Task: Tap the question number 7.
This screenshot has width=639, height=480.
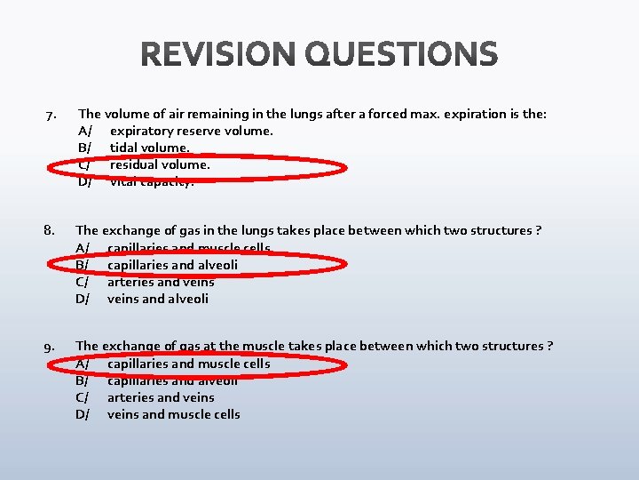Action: [51, 115]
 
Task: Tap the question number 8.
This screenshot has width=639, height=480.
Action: [50, 231]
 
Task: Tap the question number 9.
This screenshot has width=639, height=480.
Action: [51, 347]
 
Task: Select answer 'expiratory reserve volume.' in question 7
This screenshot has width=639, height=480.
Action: [191, 131]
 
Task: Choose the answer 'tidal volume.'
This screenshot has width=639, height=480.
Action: [149, 148]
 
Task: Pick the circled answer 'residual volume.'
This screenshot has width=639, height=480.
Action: [160, 164]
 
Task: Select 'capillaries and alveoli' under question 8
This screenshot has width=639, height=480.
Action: [172, 265]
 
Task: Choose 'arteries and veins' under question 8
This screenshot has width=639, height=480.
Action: [161, 282]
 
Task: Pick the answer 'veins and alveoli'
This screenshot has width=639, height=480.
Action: [158, 299]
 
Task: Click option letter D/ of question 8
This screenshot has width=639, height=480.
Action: [83, 299]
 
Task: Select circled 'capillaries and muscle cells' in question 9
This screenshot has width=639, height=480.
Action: [188, 364]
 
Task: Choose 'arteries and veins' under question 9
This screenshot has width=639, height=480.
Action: [161, 397]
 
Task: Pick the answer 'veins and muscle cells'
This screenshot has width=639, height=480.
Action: [173, 414]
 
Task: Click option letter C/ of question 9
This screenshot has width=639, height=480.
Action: [83, 397]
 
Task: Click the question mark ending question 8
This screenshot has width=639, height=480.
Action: [539, 231]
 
